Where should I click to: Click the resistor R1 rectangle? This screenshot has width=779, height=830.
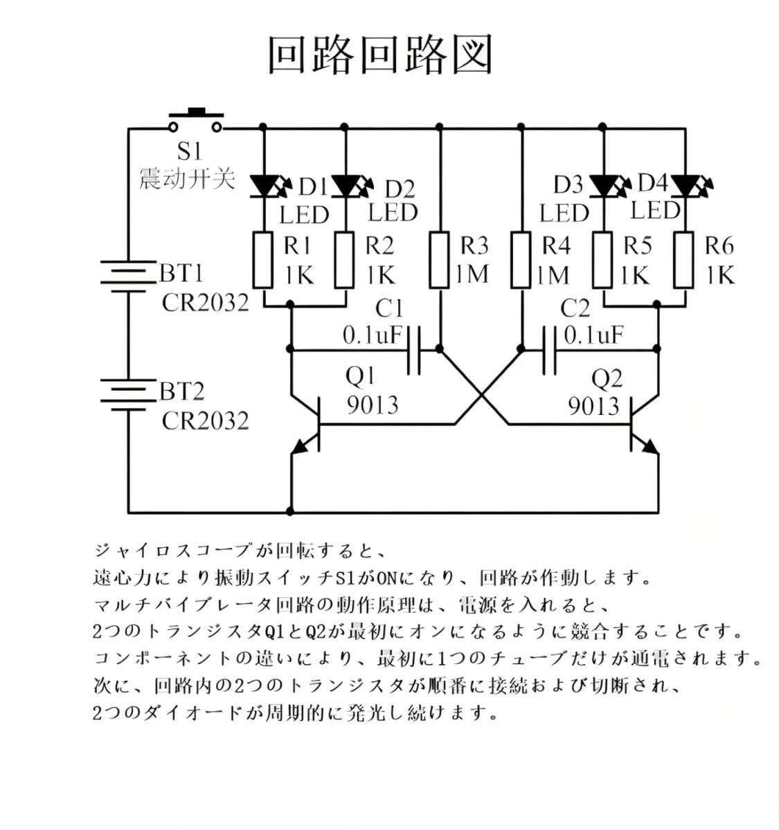point(263,260)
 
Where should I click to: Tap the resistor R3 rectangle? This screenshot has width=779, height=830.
point(440,260)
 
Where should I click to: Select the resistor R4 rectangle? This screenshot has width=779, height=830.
point(521,260)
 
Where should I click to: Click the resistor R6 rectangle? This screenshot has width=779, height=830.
point(685,260)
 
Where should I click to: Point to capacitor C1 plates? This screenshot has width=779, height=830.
point(413,351)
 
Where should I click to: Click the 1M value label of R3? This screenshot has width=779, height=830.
point(473,275)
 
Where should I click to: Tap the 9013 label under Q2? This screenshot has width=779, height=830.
point(593,405)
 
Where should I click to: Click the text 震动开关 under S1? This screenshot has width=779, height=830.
point(187,178)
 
